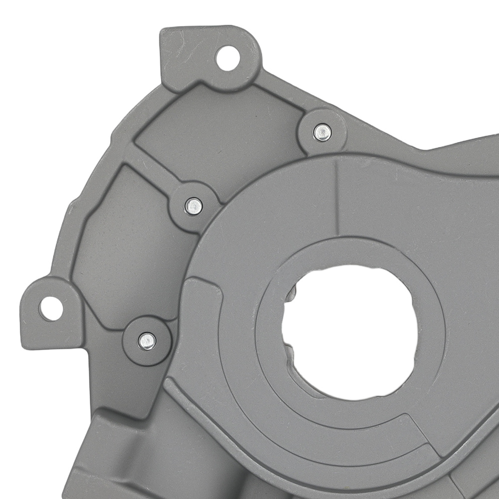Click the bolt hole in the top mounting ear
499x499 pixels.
(228, 58)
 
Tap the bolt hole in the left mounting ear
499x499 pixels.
(51, 308)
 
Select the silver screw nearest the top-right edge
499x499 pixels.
(322, 132)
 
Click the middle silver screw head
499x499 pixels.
(194, 205)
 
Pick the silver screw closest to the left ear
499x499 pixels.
(147, 341)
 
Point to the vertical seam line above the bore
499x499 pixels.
(336, 200)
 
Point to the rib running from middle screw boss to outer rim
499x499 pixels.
(150, 165)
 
